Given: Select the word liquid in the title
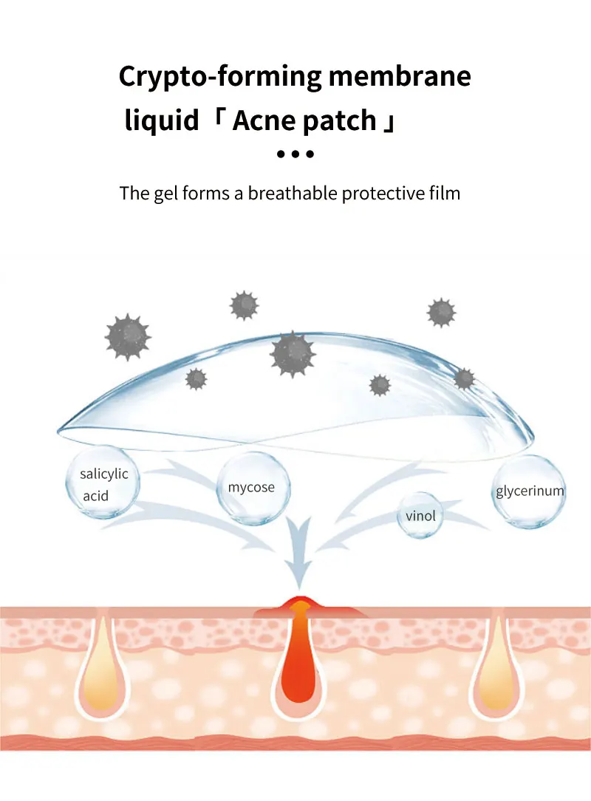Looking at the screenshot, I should coord(161,120).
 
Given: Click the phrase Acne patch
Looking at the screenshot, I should coord(304,120).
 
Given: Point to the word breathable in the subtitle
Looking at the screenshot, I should coord(292,194).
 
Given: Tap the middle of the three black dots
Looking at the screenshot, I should coord(295,154).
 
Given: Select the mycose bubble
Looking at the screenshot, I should coord(251,488).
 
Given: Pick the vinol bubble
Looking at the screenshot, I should coord(421,515).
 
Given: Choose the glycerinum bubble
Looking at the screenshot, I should coord(529,491).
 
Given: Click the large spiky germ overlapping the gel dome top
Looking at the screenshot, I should coord(293,353).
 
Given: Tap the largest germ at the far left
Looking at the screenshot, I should coord(128,336).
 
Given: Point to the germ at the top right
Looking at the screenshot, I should coord(441,313).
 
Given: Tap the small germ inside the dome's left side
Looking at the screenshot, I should coord(196,379).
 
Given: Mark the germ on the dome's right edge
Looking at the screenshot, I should coord(464,379).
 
